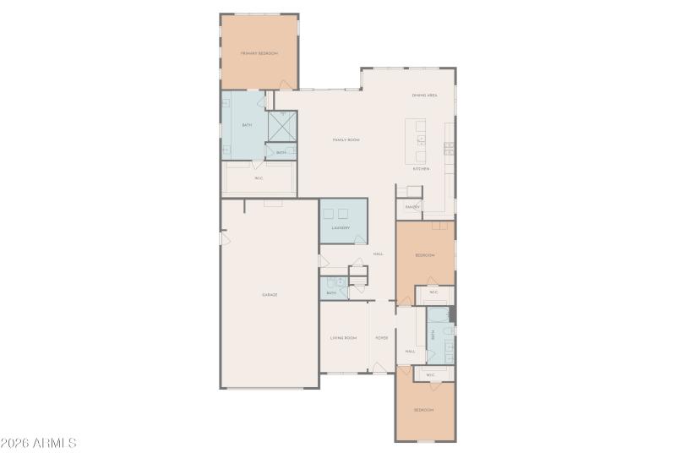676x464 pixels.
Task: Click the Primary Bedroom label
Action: [x=259, y=53]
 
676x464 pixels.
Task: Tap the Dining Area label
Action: [x=424, y=96]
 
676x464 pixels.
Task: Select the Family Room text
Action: [x=346, y=139]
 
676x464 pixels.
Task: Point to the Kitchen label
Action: [x=421, y=169]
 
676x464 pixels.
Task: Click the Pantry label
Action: [x=412, y=206]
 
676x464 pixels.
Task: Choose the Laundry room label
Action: [x=341, y=227]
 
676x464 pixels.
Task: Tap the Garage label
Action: [x=270, y=294]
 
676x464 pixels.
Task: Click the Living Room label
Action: [x=343, y=338]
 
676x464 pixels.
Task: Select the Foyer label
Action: [x=382, y=338]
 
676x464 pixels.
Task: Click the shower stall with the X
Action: [x=282, y=126]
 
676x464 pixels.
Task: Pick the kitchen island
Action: [x=416, y=142]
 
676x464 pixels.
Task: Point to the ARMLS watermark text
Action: [x=40, y=443]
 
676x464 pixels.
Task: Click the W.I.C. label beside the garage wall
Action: [x=259, y=178]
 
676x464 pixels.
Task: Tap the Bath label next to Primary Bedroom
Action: [x=247, y=125]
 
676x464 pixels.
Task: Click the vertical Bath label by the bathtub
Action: [x=433, y=335]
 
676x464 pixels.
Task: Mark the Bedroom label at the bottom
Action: [x=423, y=410]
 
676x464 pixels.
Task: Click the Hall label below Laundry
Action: [x=379, y=254]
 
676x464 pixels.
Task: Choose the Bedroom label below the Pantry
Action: [x=424, y=255]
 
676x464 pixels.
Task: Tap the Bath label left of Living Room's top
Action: [x=331, y=292]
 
